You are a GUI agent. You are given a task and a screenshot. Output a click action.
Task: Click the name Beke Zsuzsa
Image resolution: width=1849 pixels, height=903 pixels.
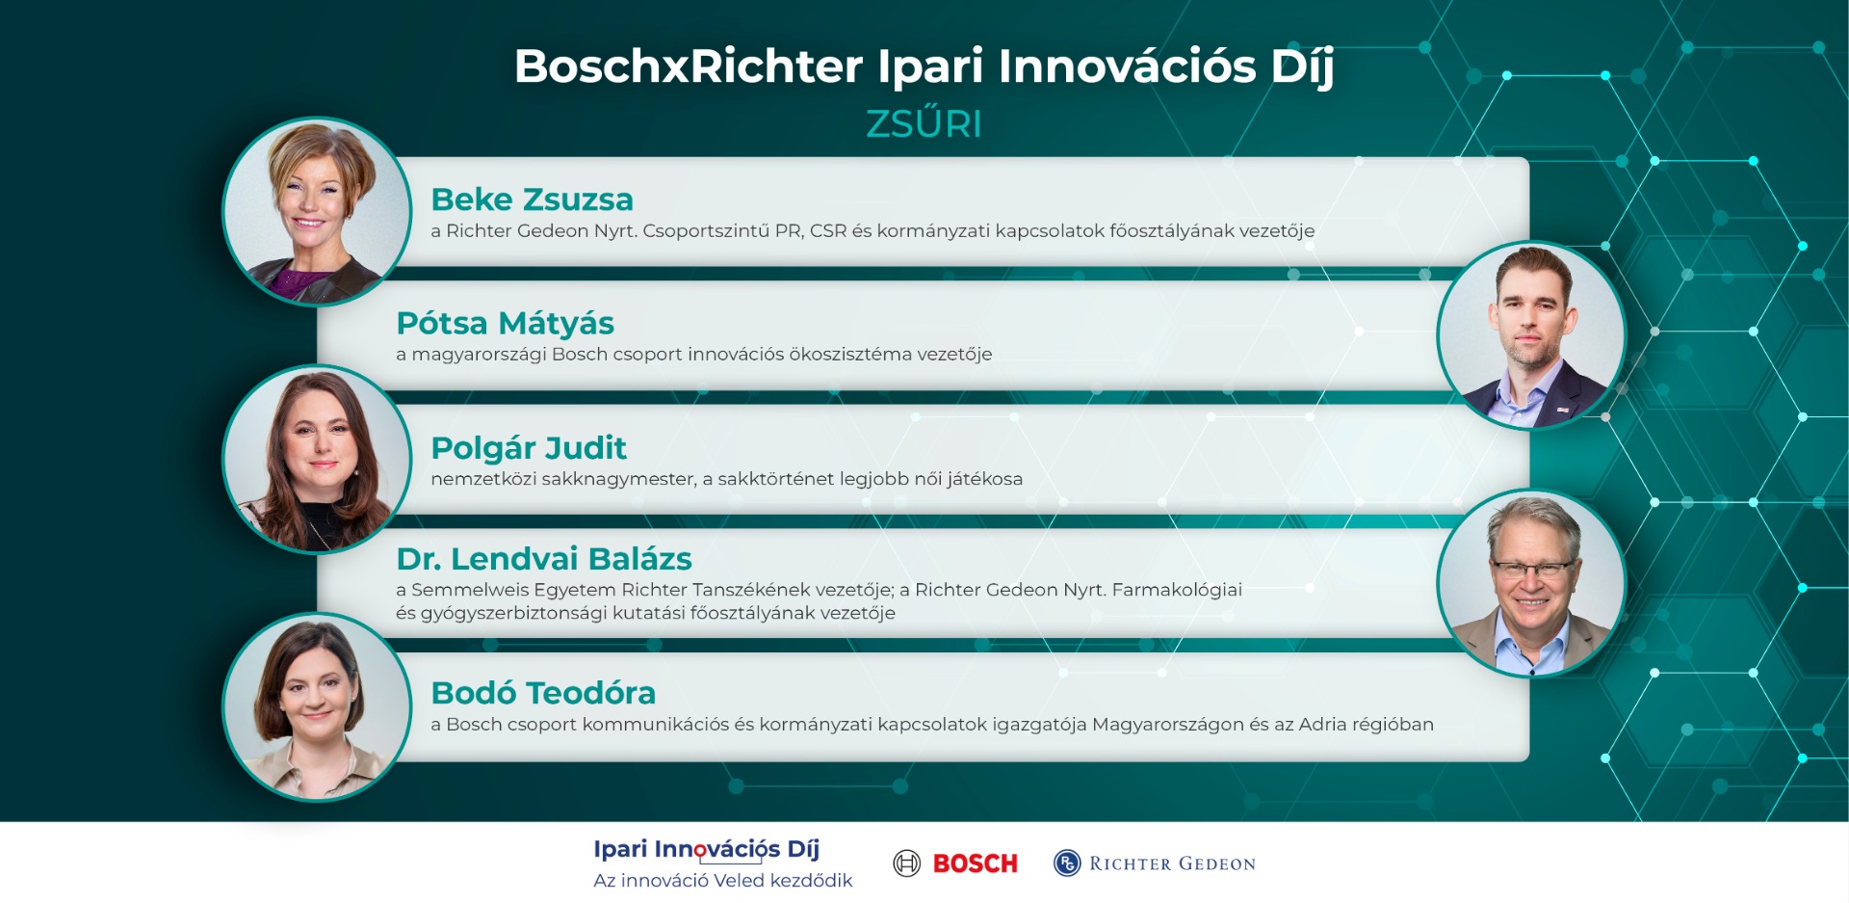[532, 199]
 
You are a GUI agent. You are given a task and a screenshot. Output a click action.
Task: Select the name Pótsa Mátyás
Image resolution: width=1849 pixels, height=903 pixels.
[505, 324]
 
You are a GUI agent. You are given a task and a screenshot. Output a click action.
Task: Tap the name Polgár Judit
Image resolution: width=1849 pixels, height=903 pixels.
[529, 448]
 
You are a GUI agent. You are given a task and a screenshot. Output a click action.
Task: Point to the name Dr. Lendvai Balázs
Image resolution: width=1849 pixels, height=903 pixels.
[544, 559]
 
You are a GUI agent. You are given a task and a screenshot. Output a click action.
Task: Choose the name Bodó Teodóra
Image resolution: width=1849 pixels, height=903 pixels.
[543, 693]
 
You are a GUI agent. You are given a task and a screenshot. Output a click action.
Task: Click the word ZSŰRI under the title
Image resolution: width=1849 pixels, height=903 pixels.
[924, 124]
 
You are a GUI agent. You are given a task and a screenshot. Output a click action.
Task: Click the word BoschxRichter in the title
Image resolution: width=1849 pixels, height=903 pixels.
[689, 66]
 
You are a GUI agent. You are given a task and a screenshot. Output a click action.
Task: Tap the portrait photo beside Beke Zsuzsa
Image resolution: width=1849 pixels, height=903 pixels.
[318, 211]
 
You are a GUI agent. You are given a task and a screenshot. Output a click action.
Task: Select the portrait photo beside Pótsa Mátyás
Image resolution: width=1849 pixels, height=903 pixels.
[1531, 334]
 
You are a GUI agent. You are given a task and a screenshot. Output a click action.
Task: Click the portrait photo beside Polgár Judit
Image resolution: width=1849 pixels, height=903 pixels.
[318, 459]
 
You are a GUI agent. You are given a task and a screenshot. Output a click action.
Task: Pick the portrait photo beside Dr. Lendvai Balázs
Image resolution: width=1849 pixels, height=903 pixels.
[1531, 583]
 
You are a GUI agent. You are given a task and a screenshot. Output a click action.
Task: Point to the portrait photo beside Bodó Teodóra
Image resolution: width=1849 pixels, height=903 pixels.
[318, 707]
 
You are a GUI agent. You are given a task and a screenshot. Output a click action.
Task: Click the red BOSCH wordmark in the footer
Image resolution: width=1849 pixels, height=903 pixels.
[975, 863]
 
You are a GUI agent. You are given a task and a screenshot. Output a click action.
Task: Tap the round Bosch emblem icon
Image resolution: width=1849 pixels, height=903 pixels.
[907, 863]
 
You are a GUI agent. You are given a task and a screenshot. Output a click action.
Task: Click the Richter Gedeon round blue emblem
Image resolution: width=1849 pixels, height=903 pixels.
[1067, 863]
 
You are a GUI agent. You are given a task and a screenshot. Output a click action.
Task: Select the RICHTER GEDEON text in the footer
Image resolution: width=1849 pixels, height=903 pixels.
[1172, 863]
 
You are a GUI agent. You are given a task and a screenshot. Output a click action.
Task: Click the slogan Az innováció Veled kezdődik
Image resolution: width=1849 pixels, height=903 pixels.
[722, 881]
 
